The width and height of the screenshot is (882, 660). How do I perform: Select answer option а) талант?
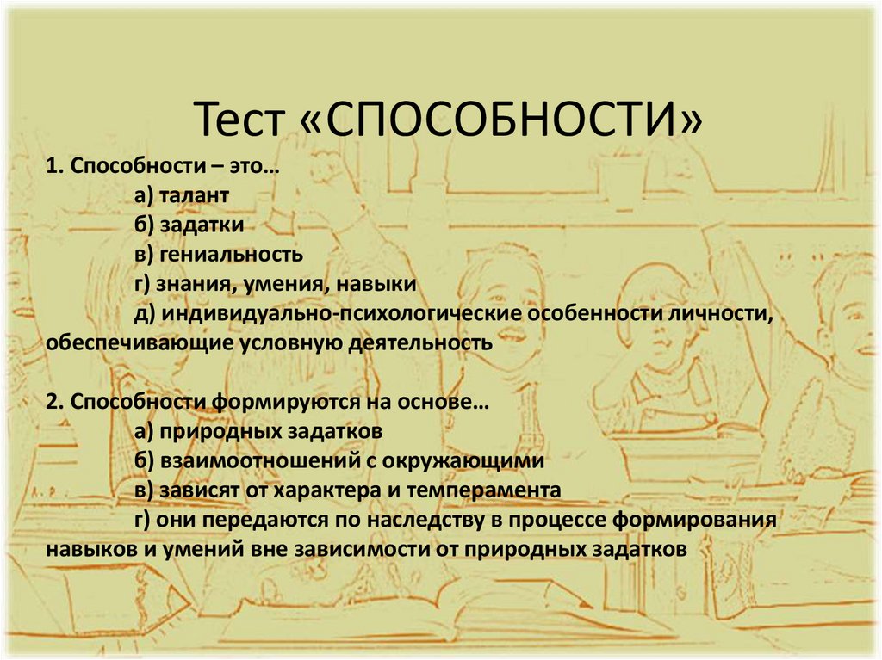click(181, 196)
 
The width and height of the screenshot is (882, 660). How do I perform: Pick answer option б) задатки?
click(189, 225)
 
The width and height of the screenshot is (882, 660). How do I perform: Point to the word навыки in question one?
click(376, 284)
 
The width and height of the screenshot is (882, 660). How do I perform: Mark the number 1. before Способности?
click(56, 167)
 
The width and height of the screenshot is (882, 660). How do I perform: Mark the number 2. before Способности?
click(56, 402)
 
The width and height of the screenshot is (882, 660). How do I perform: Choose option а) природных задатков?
click(258, 431)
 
